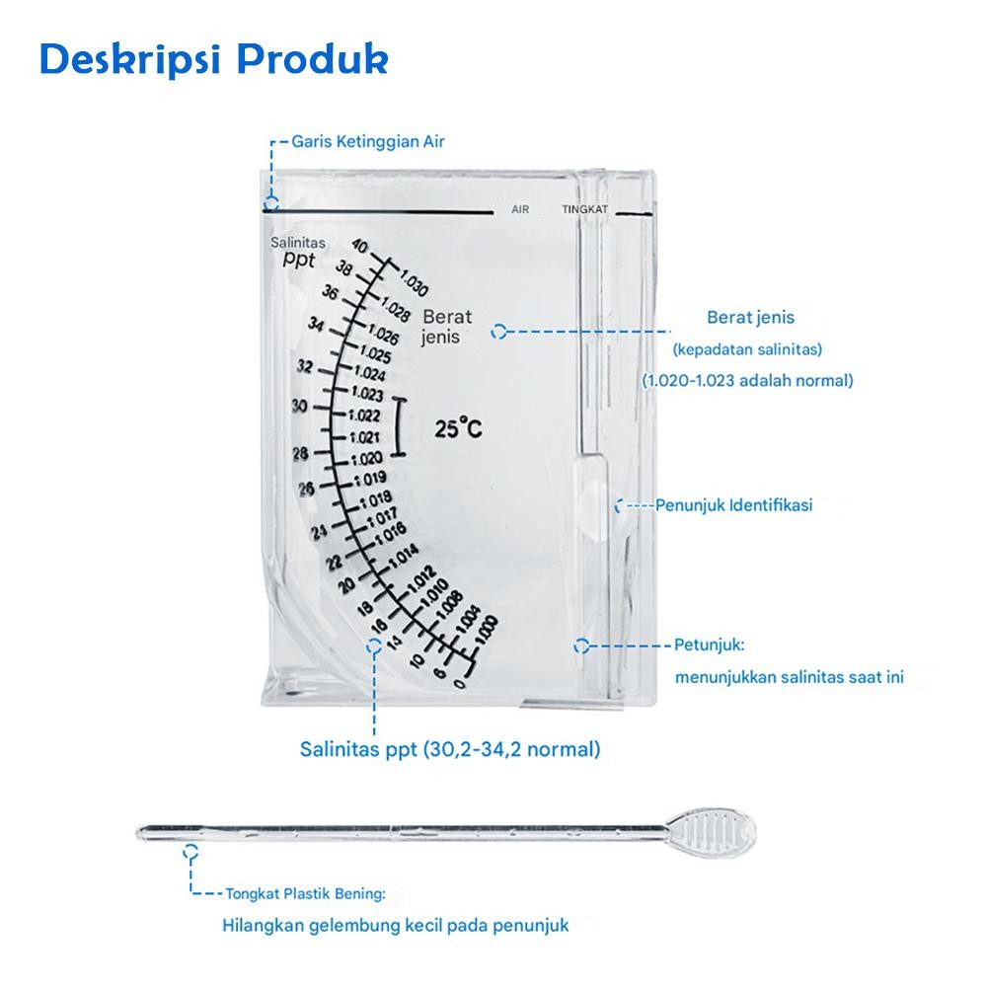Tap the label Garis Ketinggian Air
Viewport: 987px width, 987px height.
tap(368, 141)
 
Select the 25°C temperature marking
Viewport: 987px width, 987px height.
tap(458, 428)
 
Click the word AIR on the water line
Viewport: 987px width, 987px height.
tap(520, 210)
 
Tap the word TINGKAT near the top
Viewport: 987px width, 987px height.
tap(584, 210)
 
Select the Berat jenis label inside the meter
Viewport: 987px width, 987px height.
tap(447, 327)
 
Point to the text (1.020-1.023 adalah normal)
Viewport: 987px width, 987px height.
tap(747, 380)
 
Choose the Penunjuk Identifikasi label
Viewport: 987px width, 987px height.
tap(734, 505)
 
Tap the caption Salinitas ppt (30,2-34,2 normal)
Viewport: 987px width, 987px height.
tap(450, 749)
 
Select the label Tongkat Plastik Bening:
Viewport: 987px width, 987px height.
tap(306, 894)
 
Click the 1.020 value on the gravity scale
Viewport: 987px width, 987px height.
tap(365, 458)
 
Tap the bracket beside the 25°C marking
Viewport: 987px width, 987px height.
tap(399, 427)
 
